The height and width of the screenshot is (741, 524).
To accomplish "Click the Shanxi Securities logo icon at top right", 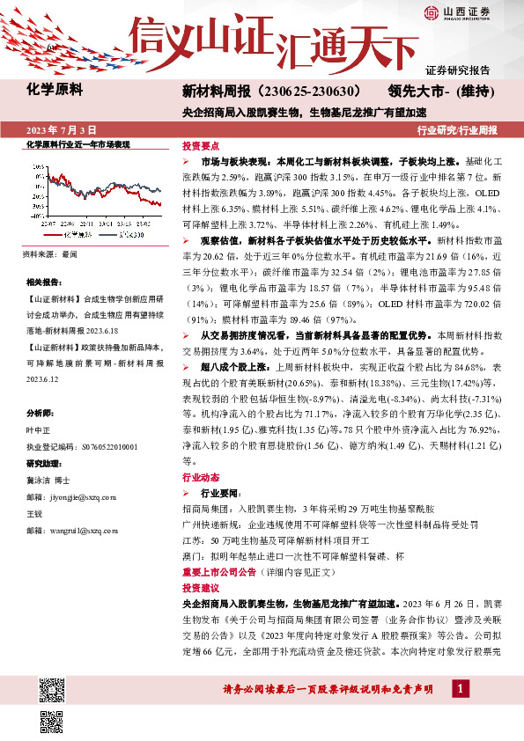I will pos(431,12).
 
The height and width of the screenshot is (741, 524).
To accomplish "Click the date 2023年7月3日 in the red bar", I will pos(59,130).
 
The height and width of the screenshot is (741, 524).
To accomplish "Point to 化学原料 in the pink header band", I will pos(55,89).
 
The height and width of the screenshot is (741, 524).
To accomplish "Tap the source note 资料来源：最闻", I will pos(49,254).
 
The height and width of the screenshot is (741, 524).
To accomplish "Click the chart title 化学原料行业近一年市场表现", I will pos(78,144).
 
